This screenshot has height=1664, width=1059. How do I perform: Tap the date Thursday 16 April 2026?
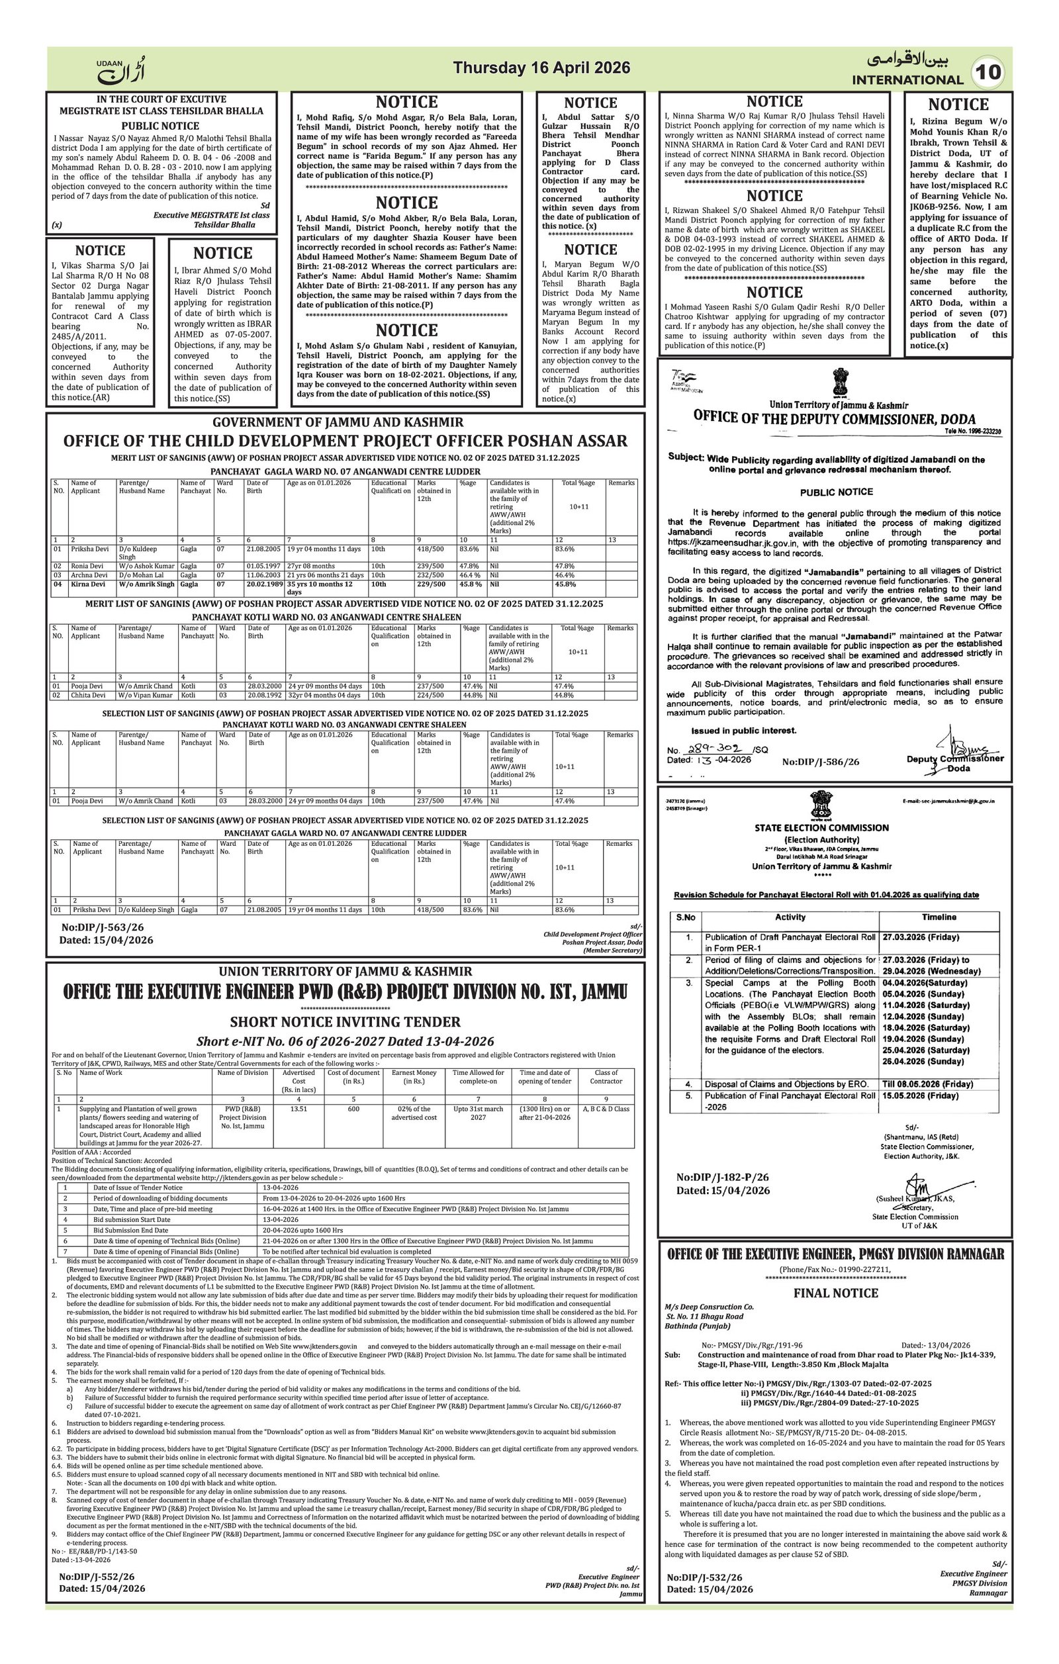tap(541, 68)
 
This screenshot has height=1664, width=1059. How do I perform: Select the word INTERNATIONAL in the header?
tap(907, 79)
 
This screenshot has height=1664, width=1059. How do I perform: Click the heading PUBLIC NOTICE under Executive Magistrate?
tap(160, 126)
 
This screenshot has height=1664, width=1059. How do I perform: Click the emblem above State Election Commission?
tap(821, 805)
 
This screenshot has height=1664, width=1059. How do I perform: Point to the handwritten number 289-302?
tap(712, 749)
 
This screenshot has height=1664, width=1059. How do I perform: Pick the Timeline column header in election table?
tap(939, 917)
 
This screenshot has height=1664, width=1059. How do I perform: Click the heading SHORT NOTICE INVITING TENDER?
tap(345, 1021)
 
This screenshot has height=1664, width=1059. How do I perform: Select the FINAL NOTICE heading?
tap(835, 1293)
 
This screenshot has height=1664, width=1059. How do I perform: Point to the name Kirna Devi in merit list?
tap(88, 584)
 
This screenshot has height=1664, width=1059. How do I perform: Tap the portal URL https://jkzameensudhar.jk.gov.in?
tap(735, 543)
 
